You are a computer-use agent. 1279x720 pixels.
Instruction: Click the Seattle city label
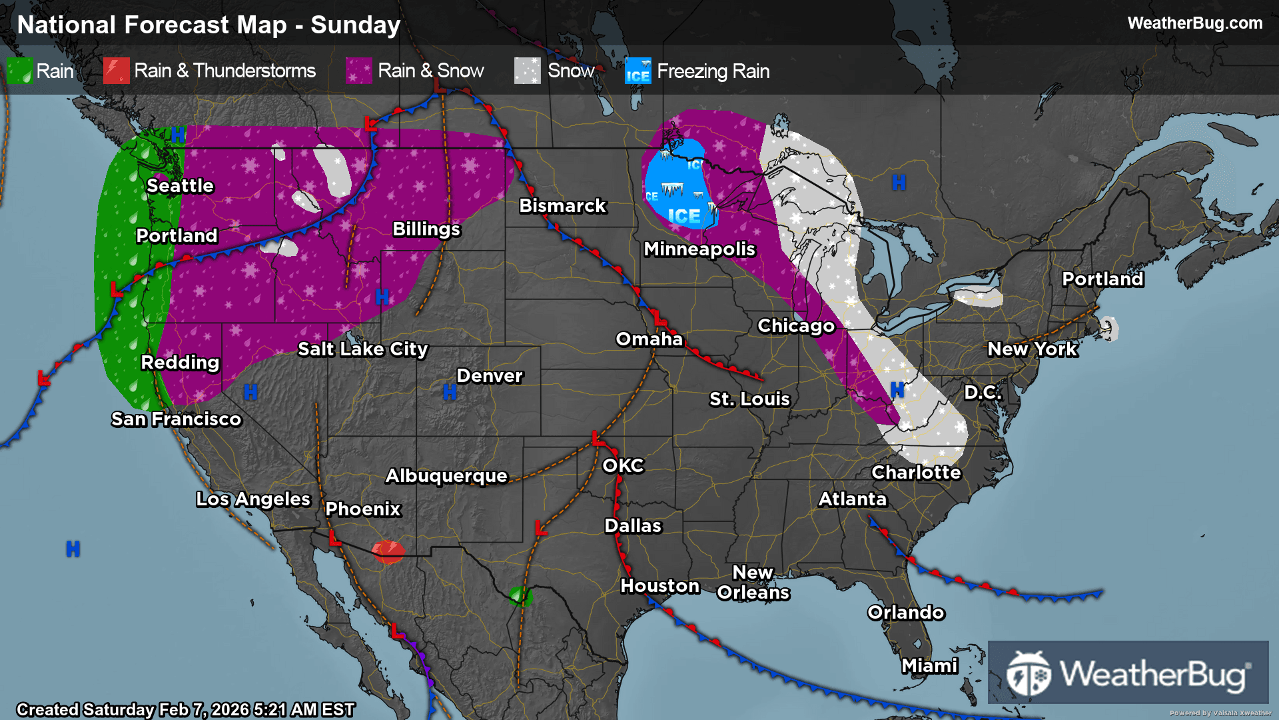click(x=180, y=185)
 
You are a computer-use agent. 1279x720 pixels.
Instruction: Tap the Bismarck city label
click(x=562, y=205)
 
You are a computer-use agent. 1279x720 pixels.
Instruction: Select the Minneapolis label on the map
click(x=699, y=249)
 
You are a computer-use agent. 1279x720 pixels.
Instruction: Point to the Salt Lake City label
click(x=362, y=349)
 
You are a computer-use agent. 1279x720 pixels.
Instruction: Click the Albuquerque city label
click(x=446, y=475)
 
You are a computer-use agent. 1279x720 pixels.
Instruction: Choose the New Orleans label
click(x=753, y=582)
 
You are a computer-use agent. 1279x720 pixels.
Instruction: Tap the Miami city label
click(x=929, y=665)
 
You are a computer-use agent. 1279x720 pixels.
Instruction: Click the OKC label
click(x=623, y=465)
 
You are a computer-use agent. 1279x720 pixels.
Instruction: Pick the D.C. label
click(x=983, y=392)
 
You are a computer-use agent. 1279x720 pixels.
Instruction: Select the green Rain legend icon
click(x=19, y=71)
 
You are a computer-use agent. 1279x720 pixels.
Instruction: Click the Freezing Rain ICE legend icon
click(x=638, y=71)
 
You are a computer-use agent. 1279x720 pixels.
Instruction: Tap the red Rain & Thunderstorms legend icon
click(x=117, y=71)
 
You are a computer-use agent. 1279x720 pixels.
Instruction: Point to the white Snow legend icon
click(x=527, y=71)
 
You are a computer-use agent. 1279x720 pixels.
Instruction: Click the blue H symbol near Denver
click(x=450, y=392)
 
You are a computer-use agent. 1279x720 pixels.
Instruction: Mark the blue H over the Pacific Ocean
click(x=73, y=549)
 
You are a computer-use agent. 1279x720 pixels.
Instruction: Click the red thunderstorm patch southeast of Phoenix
click(x=388, y=552)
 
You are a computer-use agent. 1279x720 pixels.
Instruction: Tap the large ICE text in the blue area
click(x=683, y=216)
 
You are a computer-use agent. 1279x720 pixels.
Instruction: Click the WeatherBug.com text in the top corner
click(x=1194, y=23)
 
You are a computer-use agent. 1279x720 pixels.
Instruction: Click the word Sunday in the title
click(x=355, y=25)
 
